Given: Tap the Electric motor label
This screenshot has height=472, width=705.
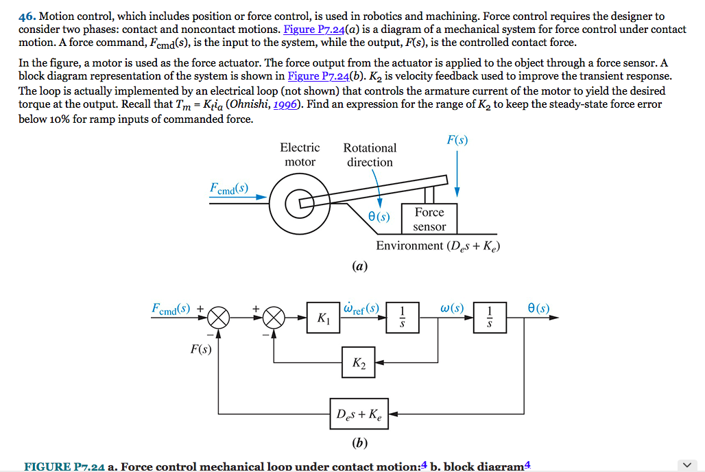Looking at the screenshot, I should click(300, 154).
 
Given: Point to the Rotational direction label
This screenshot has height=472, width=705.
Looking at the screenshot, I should click(370, 154).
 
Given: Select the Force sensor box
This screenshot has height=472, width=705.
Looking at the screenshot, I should click(429, 220).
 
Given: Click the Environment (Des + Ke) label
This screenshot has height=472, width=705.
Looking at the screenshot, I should click(438, 246).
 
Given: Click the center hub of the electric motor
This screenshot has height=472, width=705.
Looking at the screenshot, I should click(299, 202).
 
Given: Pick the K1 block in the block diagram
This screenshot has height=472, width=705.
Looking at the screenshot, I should click(324, 318).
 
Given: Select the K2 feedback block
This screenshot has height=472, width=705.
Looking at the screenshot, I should click(359, 363).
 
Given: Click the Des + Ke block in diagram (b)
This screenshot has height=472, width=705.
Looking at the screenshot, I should click(359, 414).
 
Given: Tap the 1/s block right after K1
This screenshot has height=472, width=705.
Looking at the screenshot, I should click(403, 318).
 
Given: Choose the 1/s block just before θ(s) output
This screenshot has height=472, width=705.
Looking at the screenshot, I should click(490, 318).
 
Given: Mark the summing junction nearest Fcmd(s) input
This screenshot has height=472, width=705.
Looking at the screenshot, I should click(219, 318).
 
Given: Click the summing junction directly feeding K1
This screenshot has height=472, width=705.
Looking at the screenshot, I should click(274, 318).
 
